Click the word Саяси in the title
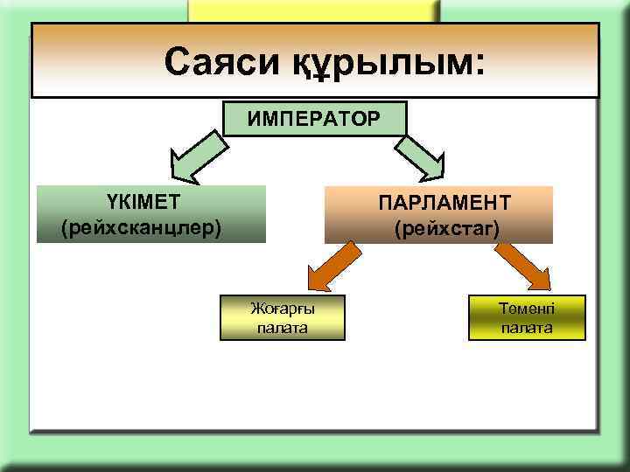coord(215,62)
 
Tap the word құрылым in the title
coord(371,63)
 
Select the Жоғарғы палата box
coord(283,317)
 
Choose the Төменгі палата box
coord(527,316)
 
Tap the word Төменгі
coord(527,307)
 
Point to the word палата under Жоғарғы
coord(283,328)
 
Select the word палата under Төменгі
coord(527,328)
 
